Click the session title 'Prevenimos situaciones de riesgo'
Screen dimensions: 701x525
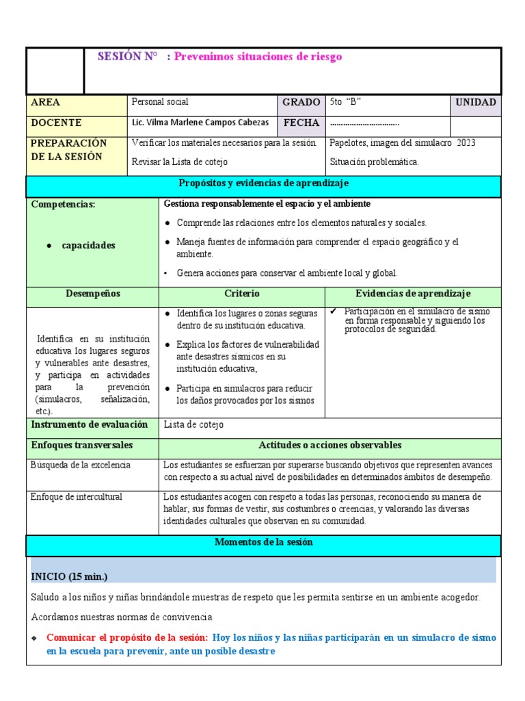pos(258,57)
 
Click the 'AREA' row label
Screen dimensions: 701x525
pos(46,102)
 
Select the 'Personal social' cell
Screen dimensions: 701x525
pos(160,102)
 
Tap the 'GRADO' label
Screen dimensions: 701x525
pos(301,102)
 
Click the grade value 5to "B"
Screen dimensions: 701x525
pos(345,102)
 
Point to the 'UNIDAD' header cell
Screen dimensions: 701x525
pos(476,102)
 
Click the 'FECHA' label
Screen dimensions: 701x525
pos(301,123)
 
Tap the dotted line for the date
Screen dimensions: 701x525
pos(364,124)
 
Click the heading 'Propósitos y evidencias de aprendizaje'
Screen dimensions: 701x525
pos(263,183)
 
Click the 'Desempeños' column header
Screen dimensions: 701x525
pos(92,294)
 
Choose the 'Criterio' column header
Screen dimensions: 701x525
pos(241,294)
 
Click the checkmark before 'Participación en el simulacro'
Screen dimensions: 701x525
pos(334,311)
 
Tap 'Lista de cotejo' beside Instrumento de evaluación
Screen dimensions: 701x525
pos(193,425)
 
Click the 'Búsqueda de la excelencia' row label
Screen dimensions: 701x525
pos(80,466)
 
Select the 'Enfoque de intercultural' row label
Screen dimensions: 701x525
pos(77,496)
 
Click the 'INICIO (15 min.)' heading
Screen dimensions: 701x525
pos(69,576)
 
